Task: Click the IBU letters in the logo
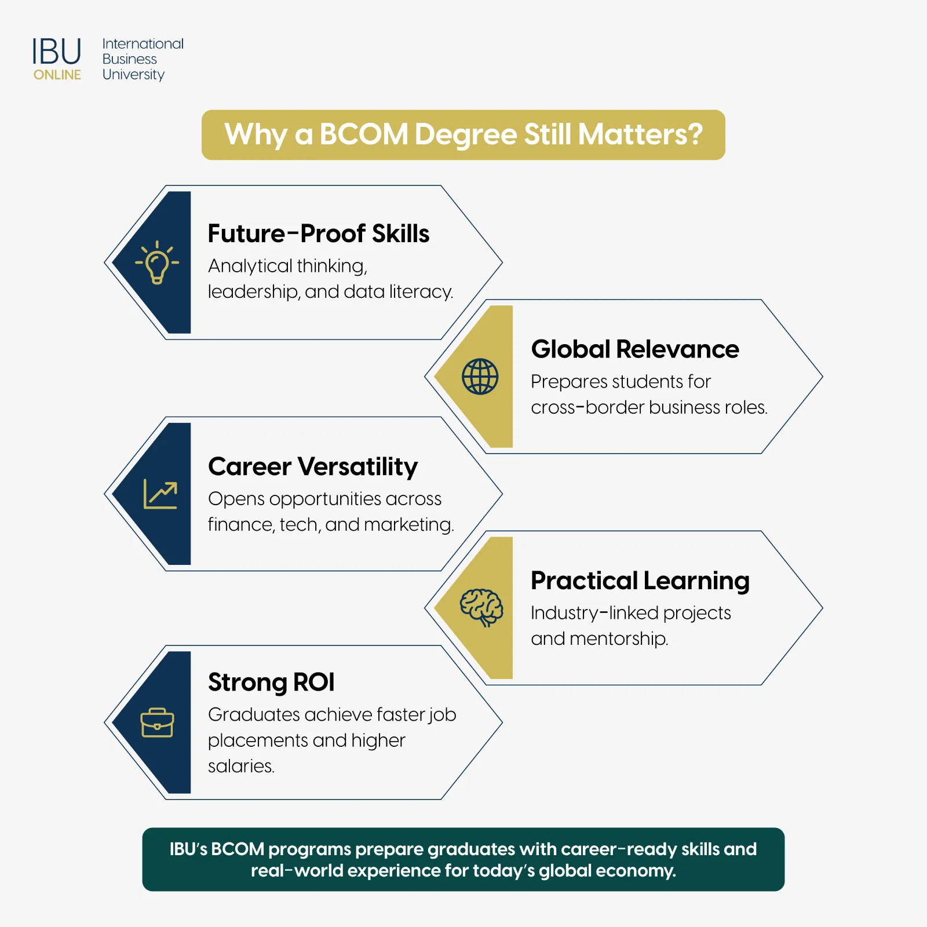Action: coord(57,52)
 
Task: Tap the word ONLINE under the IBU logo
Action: coord(57,75)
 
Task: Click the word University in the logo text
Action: coord(133,75)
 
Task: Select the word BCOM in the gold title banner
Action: coord(364,134)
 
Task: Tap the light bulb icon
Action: coord(157,262)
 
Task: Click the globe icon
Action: coord(480,377)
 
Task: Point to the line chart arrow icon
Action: coord(160,494)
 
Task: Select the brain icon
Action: coord(481,607)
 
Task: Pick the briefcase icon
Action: coord(157,722)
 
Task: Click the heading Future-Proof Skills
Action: coord(319,233)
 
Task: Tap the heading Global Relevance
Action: coord(635,349)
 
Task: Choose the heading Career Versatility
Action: coord(313,466)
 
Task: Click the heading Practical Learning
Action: coord(640,581)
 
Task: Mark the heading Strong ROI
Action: coord(271,682)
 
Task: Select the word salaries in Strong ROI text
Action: coord(241,766)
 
